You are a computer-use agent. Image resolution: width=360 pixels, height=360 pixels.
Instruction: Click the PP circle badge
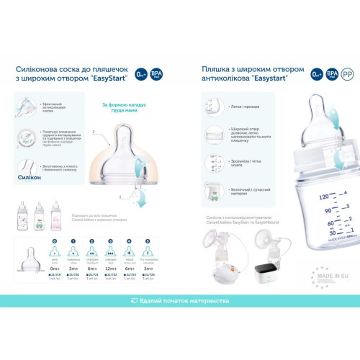[x=348, y=74]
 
